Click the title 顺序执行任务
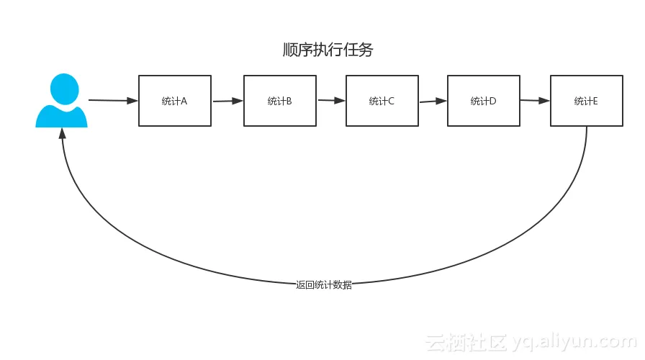pyautogui.click(x=328, y=50)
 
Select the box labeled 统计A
pyautogui.click(x=175, y=101)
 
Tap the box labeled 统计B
pyautogui.click(x=279, y=101)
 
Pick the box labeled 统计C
pyautogui.click(x=382, y=101)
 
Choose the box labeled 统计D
pyautogui.click(x=483, y=101)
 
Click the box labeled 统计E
pyautogui.click(x=586, y=101)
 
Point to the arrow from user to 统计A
pyautogui.click(x=112, y=100)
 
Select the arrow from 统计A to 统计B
pyautogui.click(x=227, y=102)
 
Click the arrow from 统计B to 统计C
pyautogui.click(x=330, y=101)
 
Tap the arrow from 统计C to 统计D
pyautogui.click(x=432, y=102)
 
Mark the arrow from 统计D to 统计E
pyautogui.click(x=534, y=101)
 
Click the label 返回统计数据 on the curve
pyautogui.click(x=324, y=285)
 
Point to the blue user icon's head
pyautogui.click(x=64, y=89)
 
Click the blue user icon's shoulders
pyautogui.click(x=62, y=117)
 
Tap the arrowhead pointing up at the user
pyautogui.click(x=63, y=134)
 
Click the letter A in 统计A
pyautogui.click(x=184, y=101)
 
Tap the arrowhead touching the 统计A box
pyautogui.click(x=132, y=101)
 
